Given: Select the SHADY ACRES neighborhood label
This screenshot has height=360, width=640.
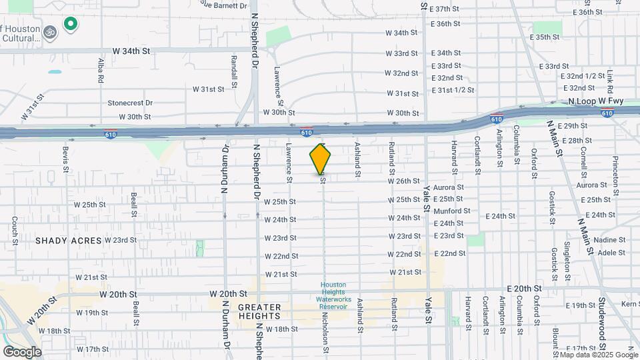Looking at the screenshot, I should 69,241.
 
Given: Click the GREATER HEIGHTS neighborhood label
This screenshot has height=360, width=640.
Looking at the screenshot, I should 260,312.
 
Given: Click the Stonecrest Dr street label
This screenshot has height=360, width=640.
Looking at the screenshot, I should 130,103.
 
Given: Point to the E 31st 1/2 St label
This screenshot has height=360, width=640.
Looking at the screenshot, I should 453,90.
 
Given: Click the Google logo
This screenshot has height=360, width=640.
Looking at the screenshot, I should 22,351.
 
